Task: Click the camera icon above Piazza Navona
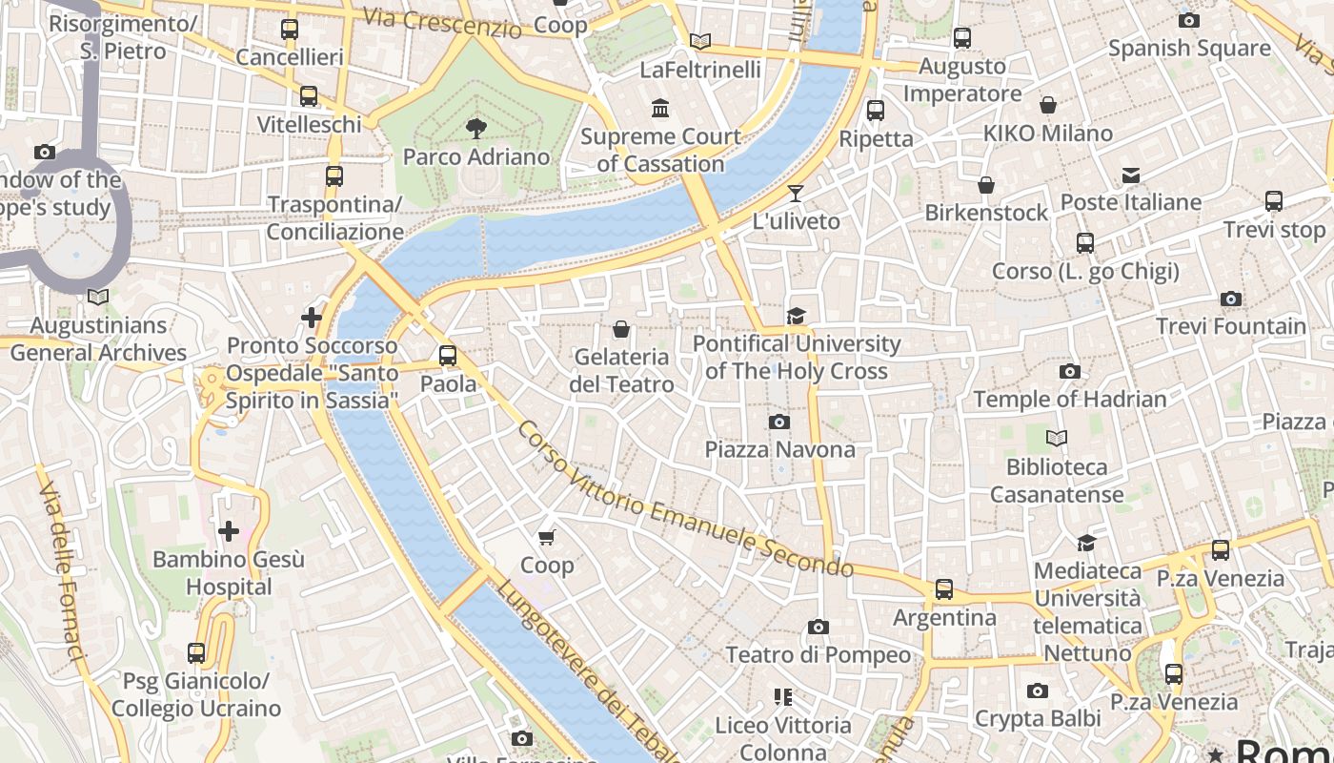tap(778, 422)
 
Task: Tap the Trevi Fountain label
tap(1231, 326)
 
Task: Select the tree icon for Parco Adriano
tap(475, 128)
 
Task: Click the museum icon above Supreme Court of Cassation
tap(660, 108)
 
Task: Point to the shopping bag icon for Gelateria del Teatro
tap(621, 329)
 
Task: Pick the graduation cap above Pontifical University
tap(796, 316)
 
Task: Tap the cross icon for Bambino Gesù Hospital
tap(229, 531)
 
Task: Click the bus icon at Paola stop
tap(448, 356)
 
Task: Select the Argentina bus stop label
tap(944, 618)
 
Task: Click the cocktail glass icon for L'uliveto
tap(796, 194)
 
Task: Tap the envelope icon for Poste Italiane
tap(1131, 175)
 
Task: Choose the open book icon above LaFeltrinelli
tap(700, 41)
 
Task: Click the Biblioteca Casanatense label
tap(1057, 481)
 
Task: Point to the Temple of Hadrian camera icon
tap(1070, 371)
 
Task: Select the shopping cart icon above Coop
tap(547, 538)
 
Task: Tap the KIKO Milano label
tap(1048, 134)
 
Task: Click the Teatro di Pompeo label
tap(819, 655)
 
